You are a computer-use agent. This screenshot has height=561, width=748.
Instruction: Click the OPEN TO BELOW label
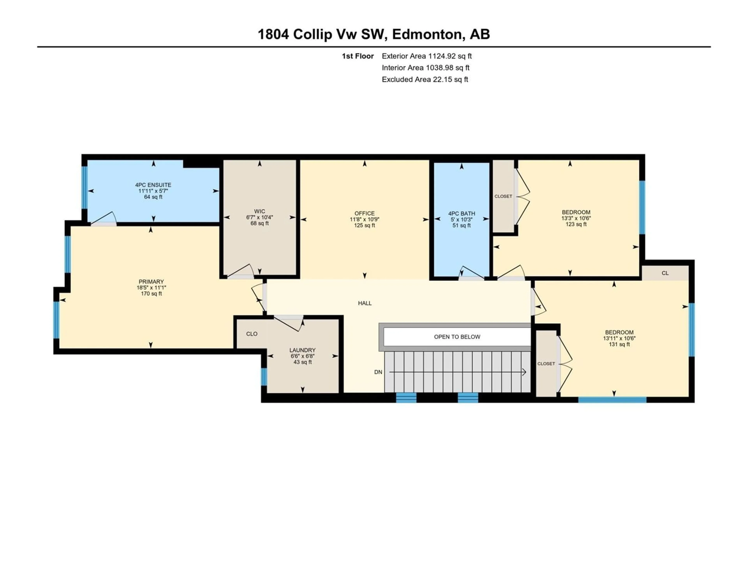point(457,337)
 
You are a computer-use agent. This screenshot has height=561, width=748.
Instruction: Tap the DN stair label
point(378,372)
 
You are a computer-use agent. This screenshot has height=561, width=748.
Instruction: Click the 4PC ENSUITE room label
point(153,185)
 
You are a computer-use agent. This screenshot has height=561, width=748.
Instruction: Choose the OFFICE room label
point(364,213)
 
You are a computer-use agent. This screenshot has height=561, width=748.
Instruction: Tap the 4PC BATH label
point(462,213)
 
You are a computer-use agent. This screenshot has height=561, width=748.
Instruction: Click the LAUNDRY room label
point(302,350)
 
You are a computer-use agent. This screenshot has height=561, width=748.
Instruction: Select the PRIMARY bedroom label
point(151,282)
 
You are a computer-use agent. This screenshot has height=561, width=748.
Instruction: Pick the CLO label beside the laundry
point(252,334)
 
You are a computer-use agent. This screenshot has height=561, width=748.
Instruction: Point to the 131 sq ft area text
point(619,344)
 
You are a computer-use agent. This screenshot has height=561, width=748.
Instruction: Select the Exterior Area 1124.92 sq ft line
point(427,56)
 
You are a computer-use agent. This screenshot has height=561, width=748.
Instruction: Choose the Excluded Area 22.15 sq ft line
point(425,79)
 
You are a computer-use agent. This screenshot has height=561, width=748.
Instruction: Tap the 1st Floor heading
point(358,56)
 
